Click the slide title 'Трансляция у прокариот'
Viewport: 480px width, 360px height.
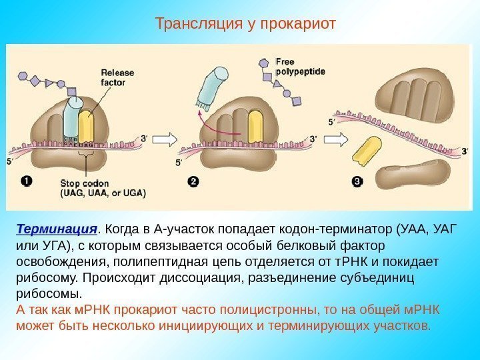pyautogui.click(x=245, y=24)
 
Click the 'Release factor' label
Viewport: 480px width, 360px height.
pyautogui.click(x=117, y=77)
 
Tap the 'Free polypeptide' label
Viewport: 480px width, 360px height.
pyautogui.click(x=300, y=65)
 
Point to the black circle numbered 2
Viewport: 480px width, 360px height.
pyautogui.click(x=193, y=181)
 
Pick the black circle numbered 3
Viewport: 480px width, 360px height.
pyautogui.click(x=357, y=181)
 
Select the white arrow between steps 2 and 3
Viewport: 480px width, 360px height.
pyautogui.click(x=339, y=139)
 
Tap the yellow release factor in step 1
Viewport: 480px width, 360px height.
pyautogui.click(x=86, y=125)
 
